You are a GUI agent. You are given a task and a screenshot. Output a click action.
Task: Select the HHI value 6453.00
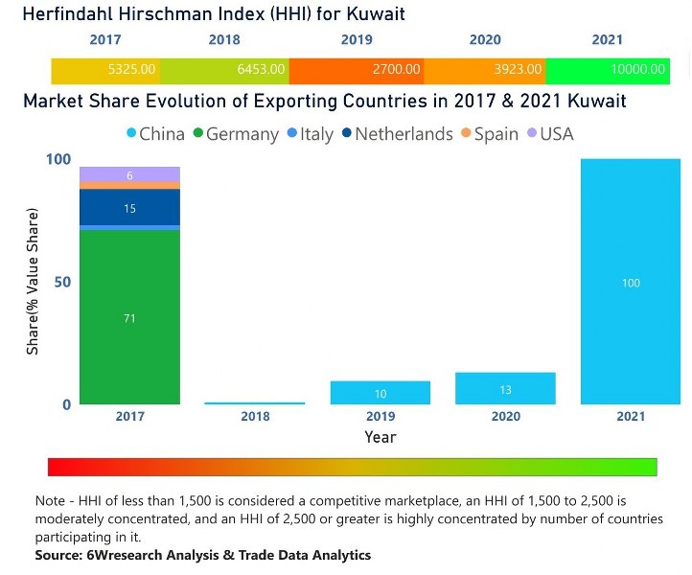click(x=261, y=70)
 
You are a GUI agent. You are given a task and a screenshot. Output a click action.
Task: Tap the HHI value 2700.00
click(x=396, y=70)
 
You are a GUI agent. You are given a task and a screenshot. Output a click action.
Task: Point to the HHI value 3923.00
click(x=519, y=70)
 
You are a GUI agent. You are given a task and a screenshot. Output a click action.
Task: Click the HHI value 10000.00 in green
click(x=637, y=70)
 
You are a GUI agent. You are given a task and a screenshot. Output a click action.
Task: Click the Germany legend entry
click(x=235, y=134)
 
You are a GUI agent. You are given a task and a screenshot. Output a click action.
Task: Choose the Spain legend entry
click(x=489, y=134)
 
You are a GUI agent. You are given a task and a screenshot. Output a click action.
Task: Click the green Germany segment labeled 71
click(x=129, y=318)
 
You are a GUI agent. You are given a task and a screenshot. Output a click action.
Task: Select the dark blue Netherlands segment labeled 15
click(x=129, y=208)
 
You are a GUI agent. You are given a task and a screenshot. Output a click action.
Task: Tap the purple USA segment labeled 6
click(x=129, y=175)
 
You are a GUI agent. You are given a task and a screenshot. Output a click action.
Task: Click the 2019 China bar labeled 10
click(x=381, y=393)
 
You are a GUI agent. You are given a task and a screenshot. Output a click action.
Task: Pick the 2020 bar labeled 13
click(x=505, y=389)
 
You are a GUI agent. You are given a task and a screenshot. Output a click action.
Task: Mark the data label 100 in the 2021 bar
click(x=631, y=283)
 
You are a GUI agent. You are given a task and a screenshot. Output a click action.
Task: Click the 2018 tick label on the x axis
click(x=255, y=417)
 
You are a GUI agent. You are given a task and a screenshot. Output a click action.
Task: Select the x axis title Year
click(x=380, y=437)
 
